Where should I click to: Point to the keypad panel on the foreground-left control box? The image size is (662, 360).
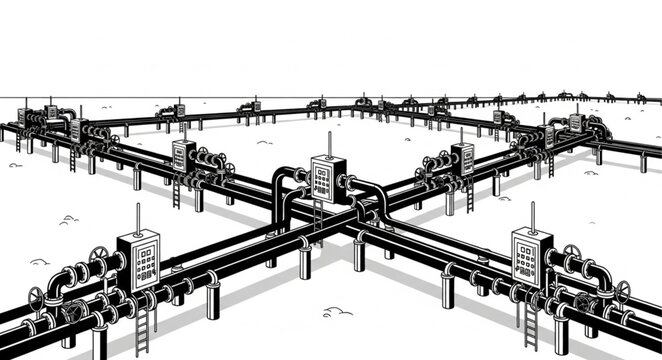(x=141, y=262)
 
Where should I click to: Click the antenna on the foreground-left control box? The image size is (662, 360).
(x=136, y=220)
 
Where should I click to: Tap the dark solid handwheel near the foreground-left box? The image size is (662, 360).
(x=73, y=313)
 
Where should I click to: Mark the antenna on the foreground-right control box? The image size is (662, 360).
(x=530, y=212)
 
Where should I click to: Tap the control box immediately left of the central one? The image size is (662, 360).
(x=184, y=157)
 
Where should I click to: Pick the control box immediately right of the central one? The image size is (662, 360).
(x=462, y=158)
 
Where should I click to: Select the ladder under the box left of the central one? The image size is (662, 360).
(x=178, y=189)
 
